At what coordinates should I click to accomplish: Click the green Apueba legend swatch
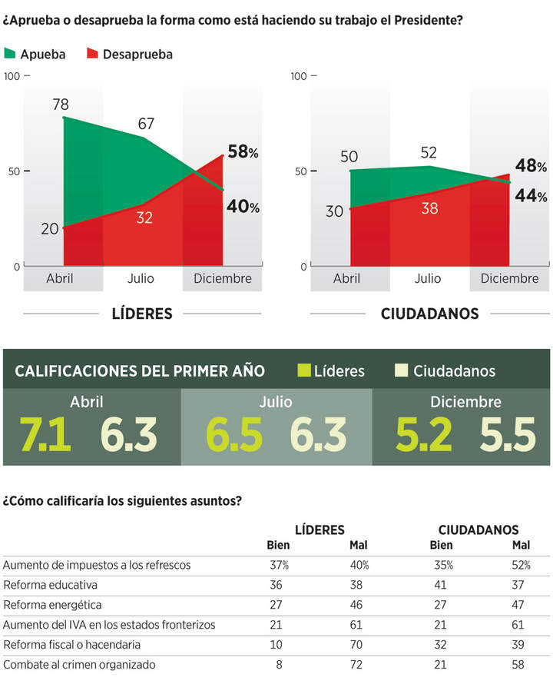pyautogui.click(x=10, y=54)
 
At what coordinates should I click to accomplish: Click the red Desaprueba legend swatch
pyautogui.click(x=92, y=54)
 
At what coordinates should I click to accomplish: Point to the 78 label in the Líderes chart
pyautogui.click(x=61, y=105)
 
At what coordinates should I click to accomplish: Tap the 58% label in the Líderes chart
pyautogui.click(x=243, y=152)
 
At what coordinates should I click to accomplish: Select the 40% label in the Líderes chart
pyautogui.click(x=243, y=207)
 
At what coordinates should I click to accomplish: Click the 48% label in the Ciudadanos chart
pyautogui.click(x=531, y=167)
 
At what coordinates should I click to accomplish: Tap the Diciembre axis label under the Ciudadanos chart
pyautogui.click(x=509, y=278)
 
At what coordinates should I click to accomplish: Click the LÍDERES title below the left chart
pyautogui.click(x=142, y=314)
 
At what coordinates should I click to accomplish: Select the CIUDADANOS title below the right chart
pyautogui.click(x=429, y=314)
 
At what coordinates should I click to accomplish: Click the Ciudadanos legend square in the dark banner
pyautogui.click(x=400, y=371)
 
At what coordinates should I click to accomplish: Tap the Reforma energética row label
pyautogui.click(x=52, y=605)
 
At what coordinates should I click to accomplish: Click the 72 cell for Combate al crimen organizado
pyautogui.click(x=359, y=665)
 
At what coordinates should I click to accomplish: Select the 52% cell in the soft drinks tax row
pyautogui.click(x=522, y=566)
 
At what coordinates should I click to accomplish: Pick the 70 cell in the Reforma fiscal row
pyautogui.click(x=359, y=645)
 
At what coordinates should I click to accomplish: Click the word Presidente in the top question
pyautogui.click(x=426, y=18)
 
